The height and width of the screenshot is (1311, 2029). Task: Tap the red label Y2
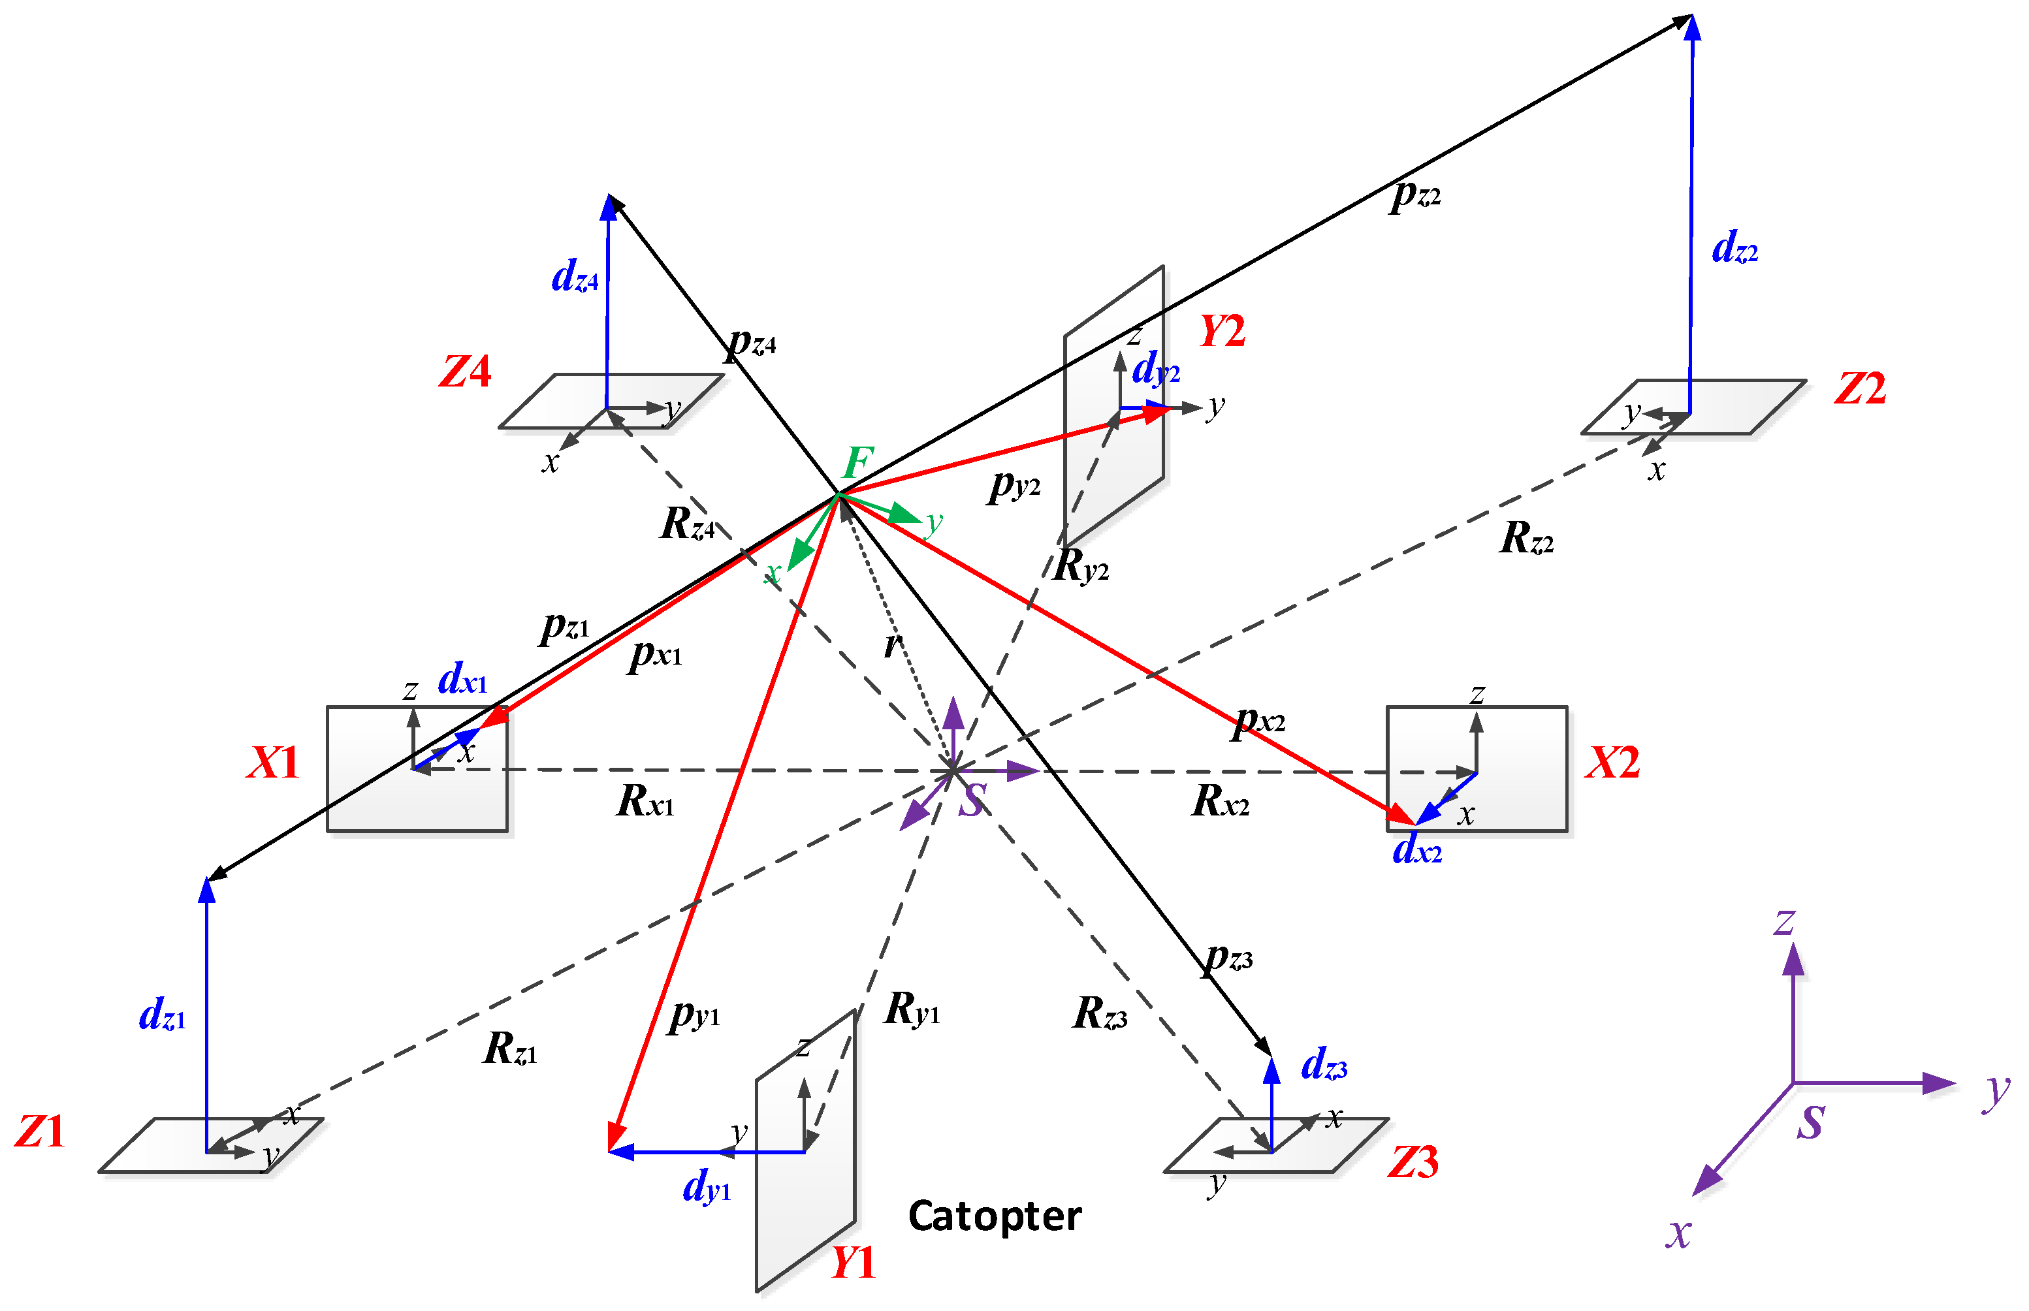1222,331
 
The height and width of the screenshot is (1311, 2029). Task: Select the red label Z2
1861,389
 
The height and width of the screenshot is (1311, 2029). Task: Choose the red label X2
1612,762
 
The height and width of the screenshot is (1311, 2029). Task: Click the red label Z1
40,1132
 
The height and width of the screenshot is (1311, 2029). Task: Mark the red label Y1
853,1263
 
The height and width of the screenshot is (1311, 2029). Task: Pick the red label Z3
1413,1163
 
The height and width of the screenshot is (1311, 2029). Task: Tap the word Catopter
995,1216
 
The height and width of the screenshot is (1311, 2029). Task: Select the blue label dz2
1734,247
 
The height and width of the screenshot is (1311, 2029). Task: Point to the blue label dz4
575,277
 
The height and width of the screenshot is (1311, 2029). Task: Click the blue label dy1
707,1186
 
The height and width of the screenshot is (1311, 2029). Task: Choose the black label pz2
1415,196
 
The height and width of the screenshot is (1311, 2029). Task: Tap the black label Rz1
510,1049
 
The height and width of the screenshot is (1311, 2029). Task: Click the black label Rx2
1220,801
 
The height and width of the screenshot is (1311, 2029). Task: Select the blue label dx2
1417,849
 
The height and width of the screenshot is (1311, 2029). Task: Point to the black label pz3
1228,958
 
